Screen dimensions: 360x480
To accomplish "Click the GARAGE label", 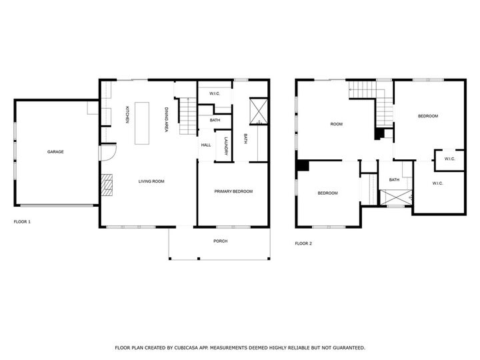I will click(55, 152).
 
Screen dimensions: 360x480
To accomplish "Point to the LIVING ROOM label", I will click(151, 181).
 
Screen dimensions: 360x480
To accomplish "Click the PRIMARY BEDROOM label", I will click(233, 191).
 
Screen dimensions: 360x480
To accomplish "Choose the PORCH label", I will click(220, 241).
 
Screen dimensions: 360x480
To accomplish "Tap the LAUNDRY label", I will click(227, 146).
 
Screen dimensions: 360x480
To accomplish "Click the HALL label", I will click(206, 145).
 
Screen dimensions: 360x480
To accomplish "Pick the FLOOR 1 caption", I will click(22, 221).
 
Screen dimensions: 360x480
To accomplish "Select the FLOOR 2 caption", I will click(303, 243).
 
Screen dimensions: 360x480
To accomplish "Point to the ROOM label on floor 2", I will click(337, 125).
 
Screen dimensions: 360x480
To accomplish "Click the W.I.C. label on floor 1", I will click(215, 94).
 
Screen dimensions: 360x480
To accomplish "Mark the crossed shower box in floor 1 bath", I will click(257, 111).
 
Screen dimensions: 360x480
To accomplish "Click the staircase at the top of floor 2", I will click(364, 89).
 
